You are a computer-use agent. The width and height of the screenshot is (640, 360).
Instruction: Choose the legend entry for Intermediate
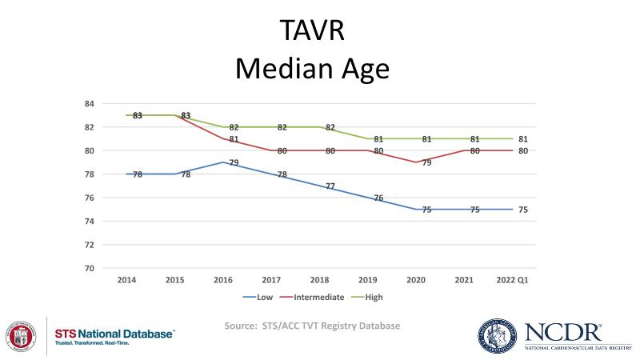point(318,297)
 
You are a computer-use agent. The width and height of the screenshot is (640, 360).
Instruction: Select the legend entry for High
point(373,297)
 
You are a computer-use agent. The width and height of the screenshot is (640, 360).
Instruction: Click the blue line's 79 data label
point(234,163)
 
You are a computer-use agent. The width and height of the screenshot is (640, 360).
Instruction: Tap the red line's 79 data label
point(427,163)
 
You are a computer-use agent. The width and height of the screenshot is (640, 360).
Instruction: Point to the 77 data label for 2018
point(330,186)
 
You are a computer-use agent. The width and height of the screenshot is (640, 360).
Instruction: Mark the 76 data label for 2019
point(378,198)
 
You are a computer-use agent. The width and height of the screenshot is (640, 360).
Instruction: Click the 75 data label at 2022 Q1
point(523,210)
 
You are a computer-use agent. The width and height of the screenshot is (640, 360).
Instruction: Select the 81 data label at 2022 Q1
point(523,139)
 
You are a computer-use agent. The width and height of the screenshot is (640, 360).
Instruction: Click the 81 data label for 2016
point(234,140)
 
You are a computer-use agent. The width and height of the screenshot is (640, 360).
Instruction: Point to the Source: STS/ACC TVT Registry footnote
point(312,326)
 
